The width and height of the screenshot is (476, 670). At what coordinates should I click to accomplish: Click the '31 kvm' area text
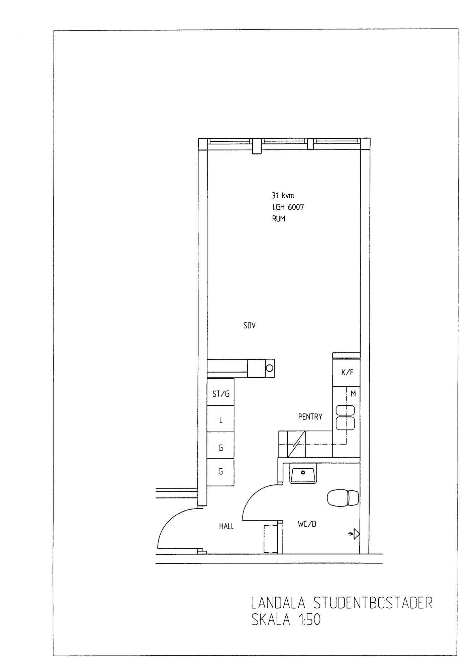click(283, 196)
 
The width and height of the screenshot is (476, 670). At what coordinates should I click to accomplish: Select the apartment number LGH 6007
click(288, 207)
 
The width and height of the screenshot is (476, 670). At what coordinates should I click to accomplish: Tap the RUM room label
click(279, 219)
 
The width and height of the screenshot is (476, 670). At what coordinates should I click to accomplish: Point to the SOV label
click(250, 325)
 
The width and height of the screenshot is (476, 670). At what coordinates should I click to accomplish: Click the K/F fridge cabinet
click(346, 373)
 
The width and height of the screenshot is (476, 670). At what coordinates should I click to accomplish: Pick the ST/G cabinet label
click(221, 394)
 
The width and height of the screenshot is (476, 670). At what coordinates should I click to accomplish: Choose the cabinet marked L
click(220, 419)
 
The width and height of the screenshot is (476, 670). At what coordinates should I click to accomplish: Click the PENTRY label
click(310, 417)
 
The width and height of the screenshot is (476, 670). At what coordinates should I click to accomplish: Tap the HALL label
click(226, 526)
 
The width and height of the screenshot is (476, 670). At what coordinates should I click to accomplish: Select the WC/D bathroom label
click(307, 524)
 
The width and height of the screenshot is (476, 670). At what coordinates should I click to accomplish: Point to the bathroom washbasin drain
click(303, 473)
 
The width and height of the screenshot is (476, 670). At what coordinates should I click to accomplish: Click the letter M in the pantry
click(353, 394)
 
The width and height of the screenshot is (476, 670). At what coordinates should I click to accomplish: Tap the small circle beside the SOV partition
click(269, 368)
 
